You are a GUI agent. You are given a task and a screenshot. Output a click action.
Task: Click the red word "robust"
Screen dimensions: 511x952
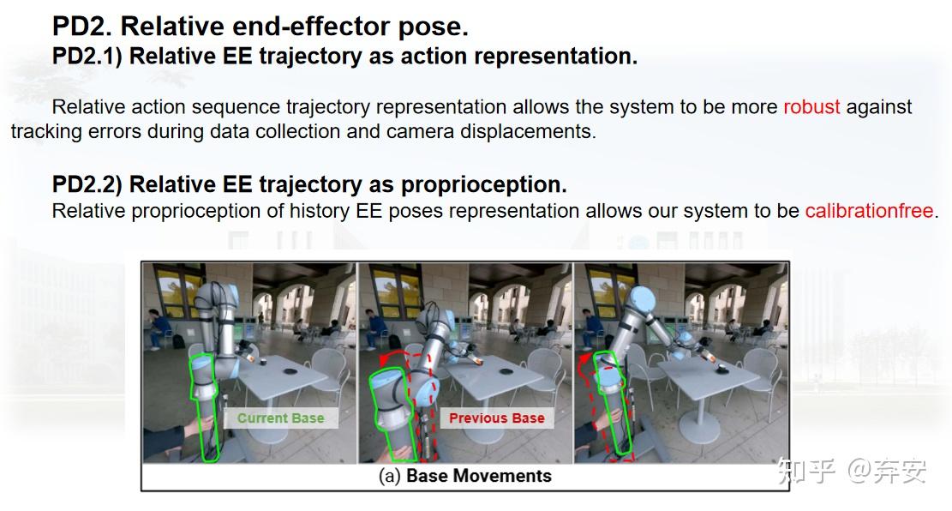811,107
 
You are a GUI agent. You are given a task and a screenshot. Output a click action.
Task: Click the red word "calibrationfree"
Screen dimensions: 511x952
868,211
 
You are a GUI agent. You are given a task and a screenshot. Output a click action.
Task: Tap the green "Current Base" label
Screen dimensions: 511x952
280,418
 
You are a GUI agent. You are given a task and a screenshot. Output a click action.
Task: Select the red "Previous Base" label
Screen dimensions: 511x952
496,418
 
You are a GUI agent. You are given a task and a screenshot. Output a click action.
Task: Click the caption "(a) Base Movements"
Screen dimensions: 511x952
464,476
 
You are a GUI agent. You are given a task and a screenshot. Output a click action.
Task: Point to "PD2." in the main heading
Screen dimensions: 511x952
82,27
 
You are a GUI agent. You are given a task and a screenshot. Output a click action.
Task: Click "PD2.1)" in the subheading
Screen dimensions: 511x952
87,57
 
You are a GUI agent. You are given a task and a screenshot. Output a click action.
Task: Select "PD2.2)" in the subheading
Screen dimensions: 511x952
87,184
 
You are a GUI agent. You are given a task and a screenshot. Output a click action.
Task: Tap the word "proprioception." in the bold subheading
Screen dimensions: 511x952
483,184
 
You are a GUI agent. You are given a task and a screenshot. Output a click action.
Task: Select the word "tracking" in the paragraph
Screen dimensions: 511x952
46,133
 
